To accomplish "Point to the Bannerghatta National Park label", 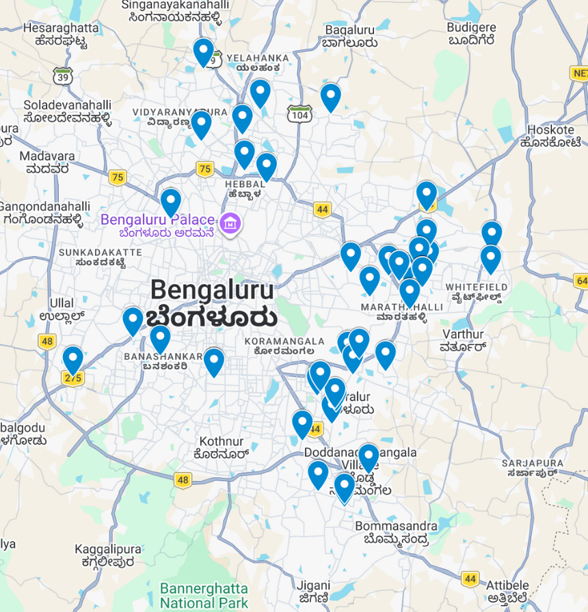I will pyautogui.click(x=204, y=596).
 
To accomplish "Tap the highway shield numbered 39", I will pyautogui.click(x=64, y=76).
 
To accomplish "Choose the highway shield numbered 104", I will pyautogui.click(x=299, y=115).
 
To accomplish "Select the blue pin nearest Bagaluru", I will pyautogui.click(x=331, y=96).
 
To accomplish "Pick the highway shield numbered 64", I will pyautogui.click(x=582, y=281).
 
